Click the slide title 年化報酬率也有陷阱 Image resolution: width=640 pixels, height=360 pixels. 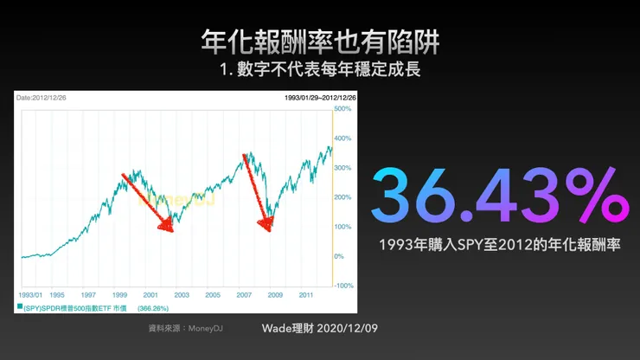319,38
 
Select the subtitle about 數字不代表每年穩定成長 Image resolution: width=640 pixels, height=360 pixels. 319,68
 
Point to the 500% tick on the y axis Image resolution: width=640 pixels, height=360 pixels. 343,109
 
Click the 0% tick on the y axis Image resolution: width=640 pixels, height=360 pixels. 339,256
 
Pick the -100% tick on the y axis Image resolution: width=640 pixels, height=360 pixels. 344,286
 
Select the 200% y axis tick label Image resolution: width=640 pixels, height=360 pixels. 343,197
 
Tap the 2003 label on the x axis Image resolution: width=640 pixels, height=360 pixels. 181,295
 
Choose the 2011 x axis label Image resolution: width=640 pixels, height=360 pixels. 306,295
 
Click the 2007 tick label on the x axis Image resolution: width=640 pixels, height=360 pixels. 243,295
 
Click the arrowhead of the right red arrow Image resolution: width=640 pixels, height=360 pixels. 268,229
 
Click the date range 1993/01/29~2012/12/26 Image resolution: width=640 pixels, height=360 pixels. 321,98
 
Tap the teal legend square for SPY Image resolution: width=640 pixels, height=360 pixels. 20,307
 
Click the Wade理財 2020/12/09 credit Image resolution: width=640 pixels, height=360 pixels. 319,329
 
